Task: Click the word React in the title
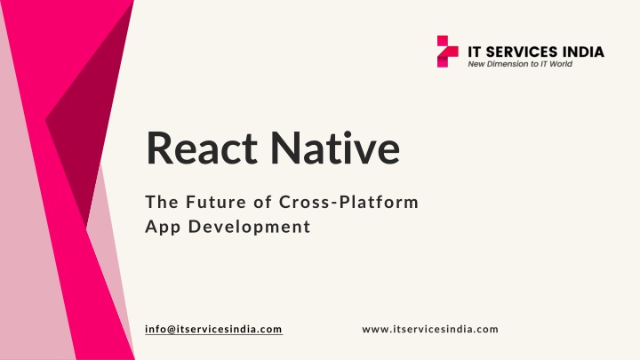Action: (x=202, y=148)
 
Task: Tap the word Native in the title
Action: (x=335, y=148)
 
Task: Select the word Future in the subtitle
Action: (x=216, y=202)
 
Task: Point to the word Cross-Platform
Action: (x=349, y=202)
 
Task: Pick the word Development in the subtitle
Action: (x=250, y=227)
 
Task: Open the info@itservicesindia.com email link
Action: (x=213, y=329)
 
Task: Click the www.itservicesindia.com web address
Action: (x=430, y=329)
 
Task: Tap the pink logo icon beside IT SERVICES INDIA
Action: (x=447, y=52)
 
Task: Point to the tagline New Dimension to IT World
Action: (x=520, y=64)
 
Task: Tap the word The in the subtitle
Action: (x=162, y=202)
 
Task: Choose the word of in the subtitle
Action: (x=262, y=202)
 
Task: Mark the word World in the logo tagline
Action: (x=561, y=64)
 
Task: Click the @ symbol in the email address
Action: (x=171, y=330)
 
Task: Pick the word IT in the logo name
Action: (x=475, y=52)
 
